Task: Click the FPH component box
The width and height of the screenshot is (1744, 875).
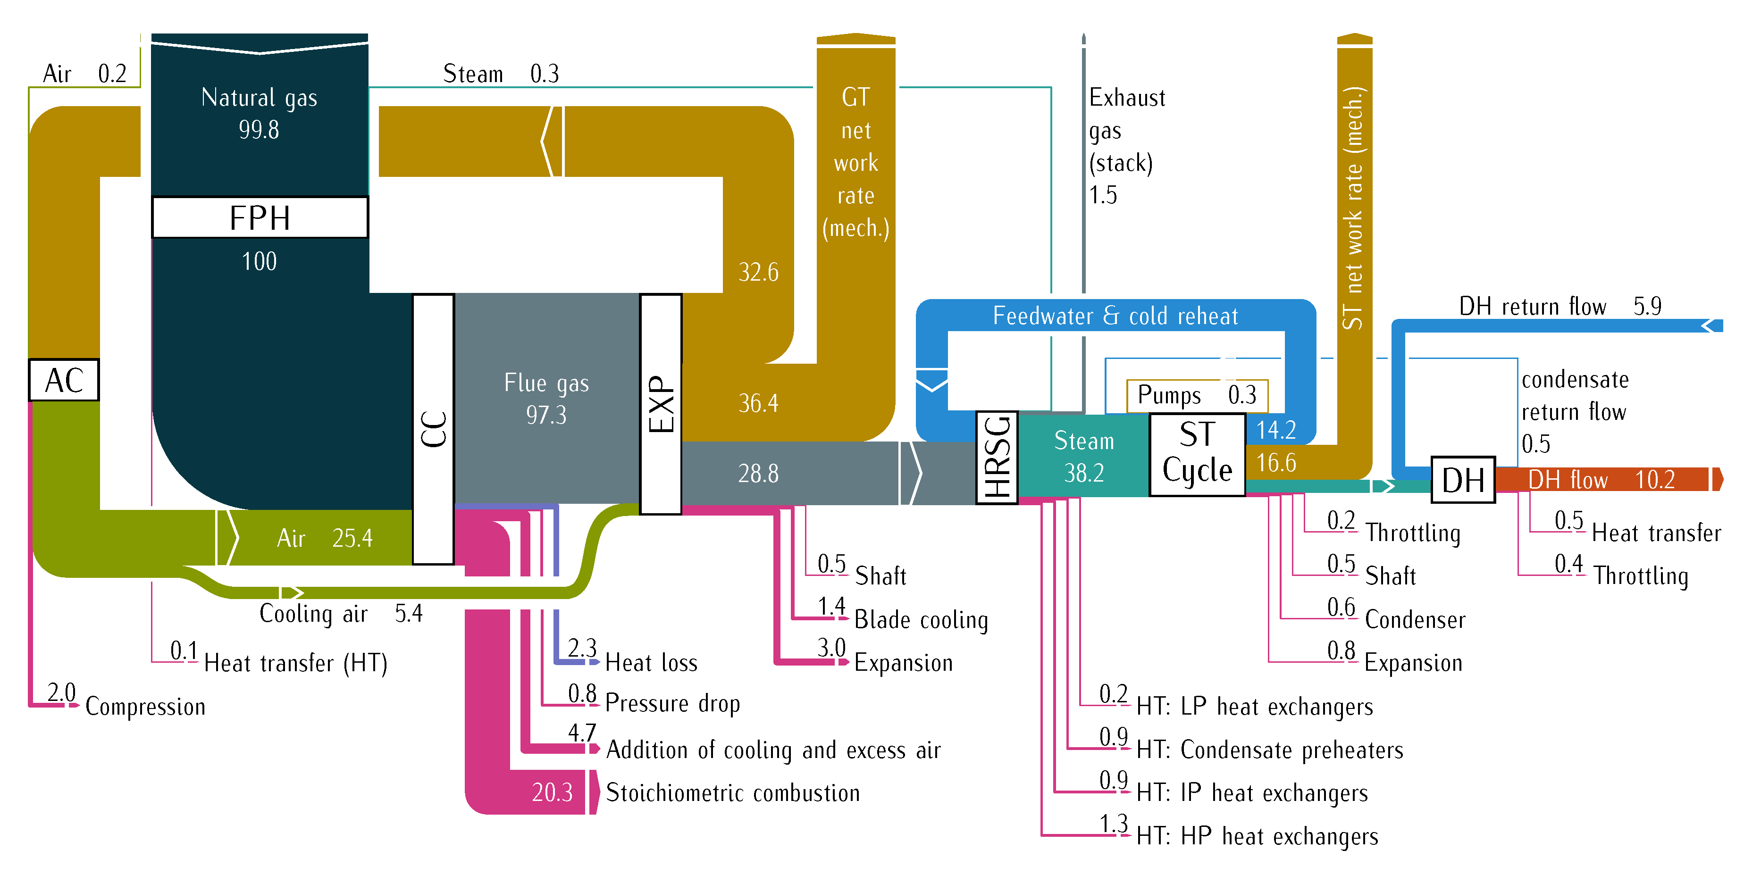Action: point(260,218)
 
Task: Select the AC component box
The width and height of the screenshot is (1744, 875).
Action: point(64,380)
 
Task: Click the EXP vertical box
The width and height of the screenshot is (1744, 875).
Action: point(661,404)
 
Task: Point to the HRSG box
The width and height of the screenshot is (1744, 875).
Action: point(997,458)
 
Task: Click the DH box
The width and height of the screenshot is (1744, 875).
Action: point(1462,480)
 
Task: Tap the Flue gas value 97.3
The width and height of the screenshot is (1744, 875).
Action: point(545,415)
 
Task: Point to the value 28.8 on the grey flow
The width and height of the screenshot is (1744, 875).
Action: point(758,474)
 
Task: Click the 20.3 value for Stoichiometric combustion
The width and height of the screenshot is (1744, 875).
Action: point(552,792)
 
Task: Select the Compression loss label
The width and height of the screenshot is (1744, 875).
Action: point(145,707)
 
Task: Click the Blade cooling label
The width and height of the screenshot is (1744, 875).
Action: point(921,619)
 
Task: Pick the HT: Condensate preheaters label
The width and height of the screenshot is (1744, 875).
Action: point(1269,750)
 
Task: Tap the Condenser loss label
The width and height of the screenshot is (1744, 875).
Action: point(1415,619)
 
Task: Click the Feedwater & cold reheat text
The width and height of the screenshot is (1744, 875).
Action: point(1115,316)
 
